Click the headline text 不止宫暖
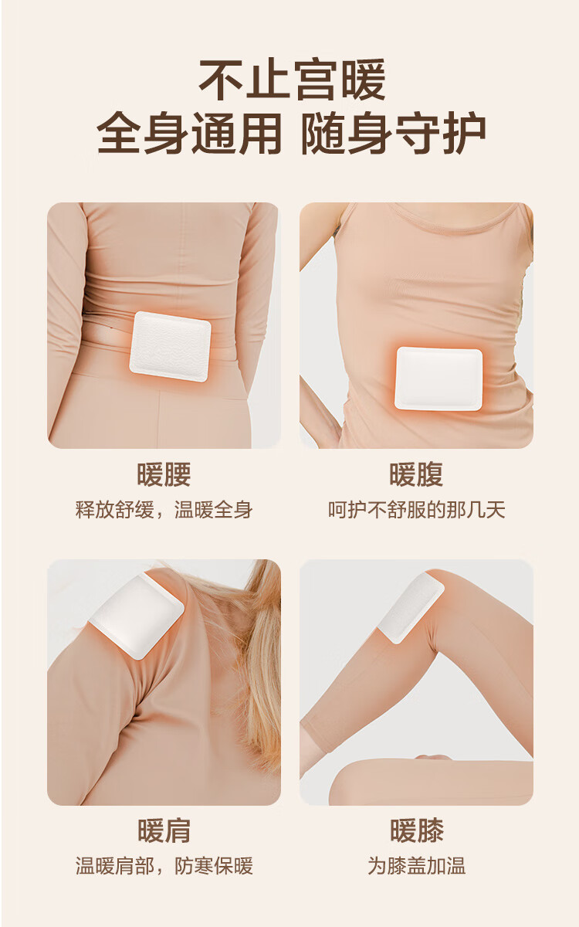pyautogui.click(x=292, y=80)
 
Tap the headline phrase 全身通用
pyautogui.click(x=189, y=133)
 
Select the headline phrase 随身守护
pyautogui.click(x=393, y=133)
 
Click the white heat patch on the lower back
pyautogui.click(x=170, y=347)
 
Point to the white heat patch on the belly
pyautogui.click(x=438, y=379)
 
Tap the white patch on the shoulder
pyautogui.click(x=137, y=616)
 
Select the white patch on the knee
pyautogui.click(x=411, y=606)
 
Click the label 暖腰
pyautogui.click(x=164, y=474)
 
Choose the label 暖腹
pyautogui.click(x=416, y=474)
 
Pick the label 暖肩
pyautogui.click(x=164, y=830)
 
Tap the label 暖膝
pyautogui.click(x=417, y=830)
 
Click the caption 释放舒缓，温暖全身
pyautogui.click(x=164, y=509)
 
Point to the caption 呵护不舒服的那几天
pyautogui.click(x=417, y=509)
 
